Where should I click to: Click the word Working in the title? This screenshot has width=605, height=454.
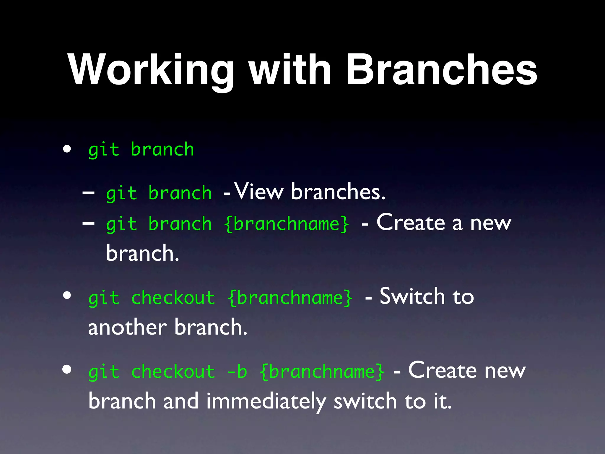coord(151,70)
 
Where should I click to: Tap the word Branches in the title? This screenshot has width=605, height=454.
coord(441,70)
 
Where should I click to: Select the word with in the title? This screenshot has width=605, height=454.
coord(290,70)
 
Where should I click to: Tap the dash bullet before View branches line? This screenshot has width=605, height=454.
coord(88,192)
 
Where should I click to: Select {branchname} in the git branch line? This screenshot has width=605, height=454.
coord(287,224)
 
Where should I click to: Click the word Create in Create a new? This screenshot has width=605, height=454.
coord(411,222)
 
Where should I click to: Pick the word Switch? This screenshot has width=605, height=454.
coord(412,296)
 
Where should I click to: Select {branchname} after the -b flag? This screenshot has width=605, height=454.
coord(322,372)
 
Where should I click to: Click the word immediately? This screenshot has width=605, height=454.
coord(266,401)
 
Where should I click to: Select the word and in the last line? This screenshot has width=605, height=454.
coord(181,401)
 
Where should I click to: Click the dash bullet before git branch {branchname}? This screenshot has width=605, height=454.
coord(88,223)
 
